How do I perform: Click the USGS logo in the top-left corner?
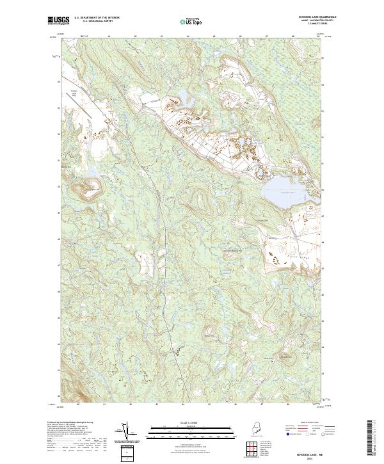59,21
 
